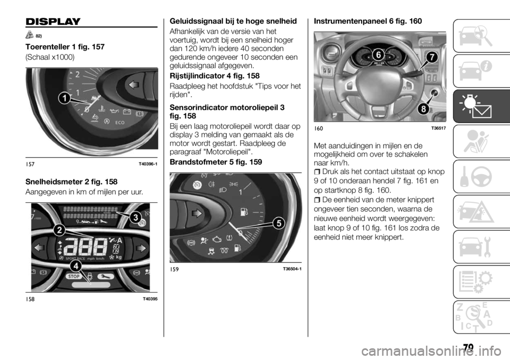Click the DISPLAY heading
(45, 22)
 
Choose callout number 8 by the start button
(74, 276)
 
